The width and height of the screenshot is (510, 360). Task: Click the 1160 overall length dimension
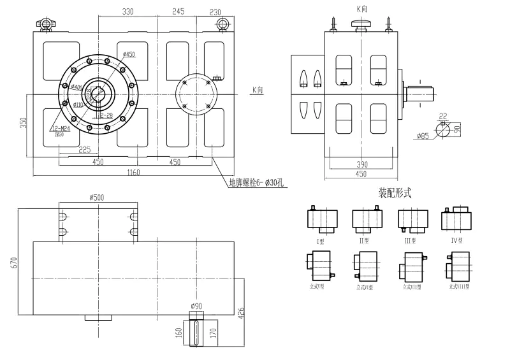tap(133, 172)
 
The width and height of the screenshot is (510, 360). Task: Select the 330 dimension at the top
tap(128, 11)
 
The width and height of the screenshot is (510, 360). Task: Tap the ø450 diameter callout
tap(129, 55)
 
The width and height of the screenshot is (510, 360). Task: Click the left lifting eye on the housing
tap(45, 24)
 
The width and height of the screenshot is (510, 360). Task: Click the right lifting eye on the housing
tap(222, 24)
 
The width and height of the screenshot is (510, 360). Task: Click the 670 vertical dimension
tap(14, 261)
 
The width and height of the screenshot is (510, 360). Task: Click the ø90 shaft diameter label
tap(196, 306)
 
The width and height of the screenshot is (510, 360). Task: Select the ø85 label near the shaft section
tap(422, 136)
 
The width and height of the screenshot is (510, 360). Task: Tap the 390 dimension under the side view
tap(362, 164)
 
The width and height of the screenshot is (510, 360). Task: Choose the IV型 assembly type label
tap(456, 241)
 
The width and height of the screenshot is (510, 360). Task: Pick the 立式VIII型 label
tap(459, 287)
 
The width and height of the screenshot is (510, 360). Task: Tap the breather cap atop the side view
tap(361, 24)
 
